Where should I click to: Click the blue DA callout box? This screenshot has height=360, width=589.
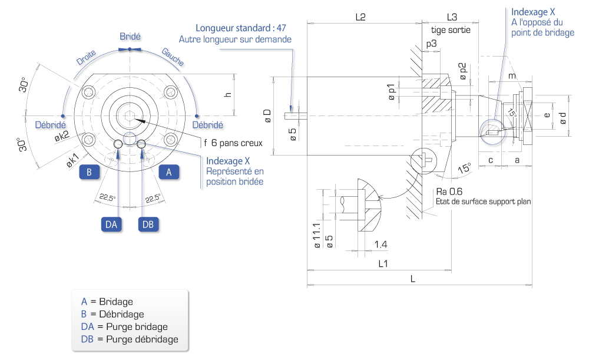111,224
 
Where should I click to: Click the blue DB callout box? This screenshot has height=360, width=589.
148,224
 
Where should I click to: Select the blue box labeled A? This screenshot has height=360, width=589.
168,172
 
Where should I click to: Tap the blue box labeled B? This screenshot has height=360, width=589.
89,172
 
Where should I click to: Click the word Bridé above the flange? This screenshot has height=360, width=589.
130,37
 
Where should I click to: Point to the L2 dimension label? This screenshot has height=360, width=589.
360,17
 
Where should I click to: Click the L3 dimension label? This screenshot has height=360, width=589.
452,17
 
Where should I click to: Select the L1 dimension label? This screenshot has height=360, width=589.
383,263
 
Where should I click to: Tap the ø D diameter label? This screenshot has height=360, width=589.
267,115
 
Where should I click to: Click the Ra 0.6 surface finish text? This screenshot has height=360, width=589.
449,191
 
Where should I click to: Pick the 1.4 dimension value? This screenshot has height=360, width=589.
380,245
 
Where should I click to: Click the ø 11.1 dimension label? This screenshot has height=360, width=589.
317,236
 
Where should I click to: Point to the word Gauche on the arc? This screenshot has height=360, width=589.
173,57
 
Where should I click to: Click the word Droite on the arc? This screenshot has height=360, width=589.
86,58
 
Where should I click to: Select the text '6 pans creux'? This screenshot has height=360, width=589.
237,143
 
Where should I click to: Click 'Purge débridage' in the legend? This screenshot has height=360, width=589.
142,339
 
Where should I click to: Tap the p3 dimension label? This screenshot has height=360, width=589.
432,44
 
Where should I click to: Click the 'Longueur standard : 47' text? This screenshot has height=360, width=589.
241,28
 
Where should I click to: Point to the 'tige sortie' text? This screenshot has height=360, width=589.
451,29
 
